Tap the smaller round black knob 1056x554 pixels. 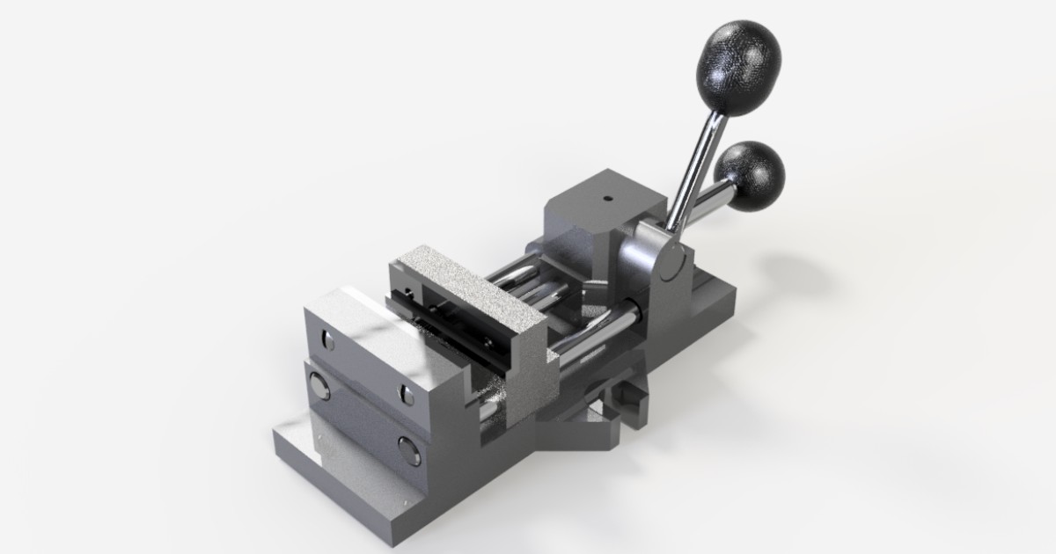(749, 176)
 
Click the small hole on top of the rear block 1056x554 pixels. (606, 199)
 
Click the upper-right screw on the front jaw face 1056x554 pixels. (407, 395)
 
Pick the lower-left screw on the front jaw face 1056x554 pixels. (319, 387)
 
